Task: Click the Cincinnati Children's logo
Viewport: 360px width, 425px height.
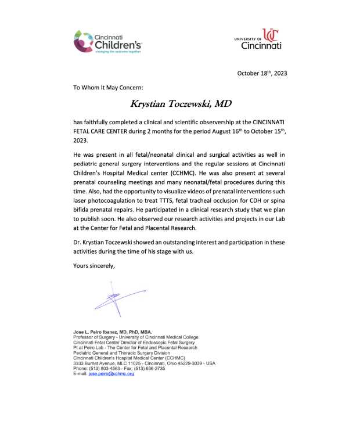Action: click(107, 42)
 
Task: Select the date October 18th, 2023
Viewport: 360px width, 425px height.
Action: click(262, 73)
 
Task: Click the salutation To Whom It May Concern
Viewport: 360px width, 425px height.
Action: click(104, 88)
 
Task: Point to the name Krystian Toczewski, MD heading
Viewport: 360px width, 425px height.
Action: click(181, 105)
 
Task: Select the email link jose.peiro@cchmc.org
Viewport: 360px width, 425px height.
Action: click(111, 374)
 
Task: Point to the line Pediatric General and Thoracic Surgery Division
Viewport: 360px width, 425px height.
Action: click(121, 353)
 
